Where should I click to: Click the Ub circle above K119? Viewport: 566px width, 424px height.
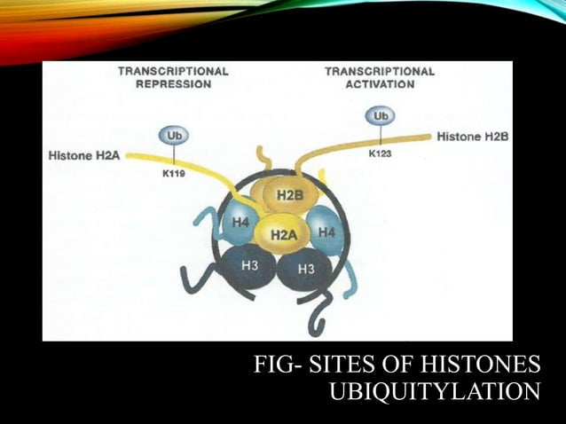pos(172,136)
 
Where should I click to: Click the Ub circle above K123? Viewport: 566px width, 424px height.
pos(380,117)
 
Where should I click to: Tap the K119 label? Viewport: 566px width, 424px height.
pos(175,175)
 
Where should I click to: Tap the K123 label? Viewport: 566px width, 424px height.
pos(381,153)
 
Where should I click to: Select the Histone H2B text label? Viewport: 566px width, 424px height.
pos(472,137)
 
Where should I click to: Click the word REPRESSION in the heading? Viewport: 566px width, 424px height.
pos(173,85)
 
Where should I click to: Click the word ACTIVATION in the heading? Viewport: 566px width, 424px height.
pos(381,85)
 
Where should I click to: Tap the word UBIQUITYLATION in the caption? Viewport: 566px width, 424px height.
pos(435,391)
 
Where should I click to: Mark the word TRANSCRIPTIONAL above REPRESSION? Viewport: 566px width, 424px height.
pos(173,71)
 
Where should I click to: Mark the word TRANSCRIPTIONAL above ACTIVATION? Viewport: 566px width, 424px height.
pos(381,71)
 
